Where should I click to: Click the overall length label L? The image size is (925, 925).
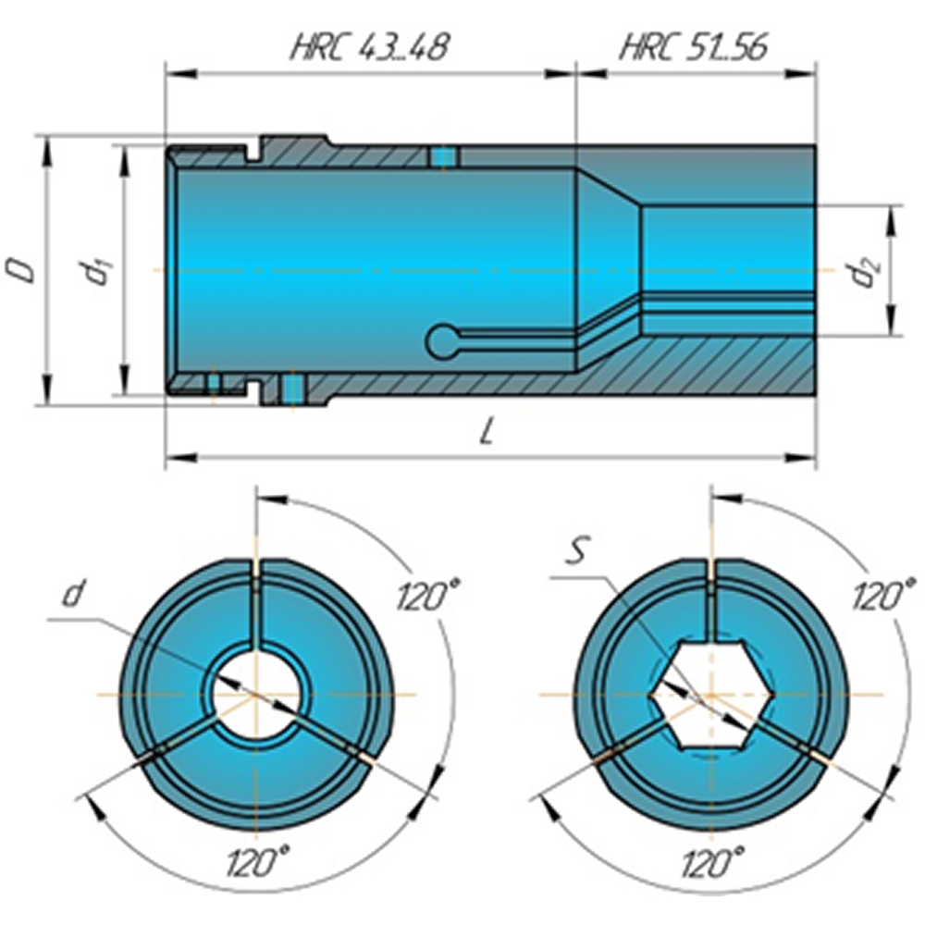point(487,434)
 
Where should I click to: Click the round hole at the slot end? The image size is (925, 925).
point(443,341)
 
